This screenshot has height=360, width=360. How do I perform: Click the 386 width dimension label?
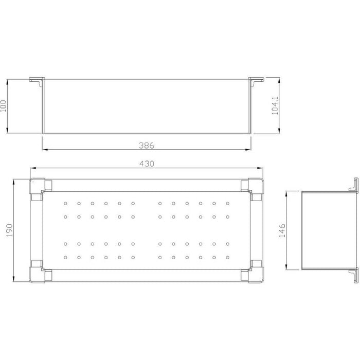(147, 146)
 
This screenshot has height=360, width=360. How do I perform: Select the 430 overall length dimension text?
(147, 164)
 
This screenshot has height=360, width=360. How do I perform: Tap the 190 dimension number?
(9, 230)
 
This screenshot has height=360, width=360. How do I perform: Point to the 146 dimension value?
(282, 230)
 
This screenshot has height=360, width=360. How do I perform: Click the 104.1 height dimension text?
(275, 105)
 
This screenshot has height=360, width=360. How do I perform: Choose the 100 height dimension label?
(3, 106)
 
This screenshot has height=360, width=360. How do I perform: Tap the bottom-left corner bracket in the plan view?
(41, 272)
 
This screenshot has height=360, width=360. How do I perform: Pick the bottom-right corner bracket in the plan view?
(253, 272)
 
